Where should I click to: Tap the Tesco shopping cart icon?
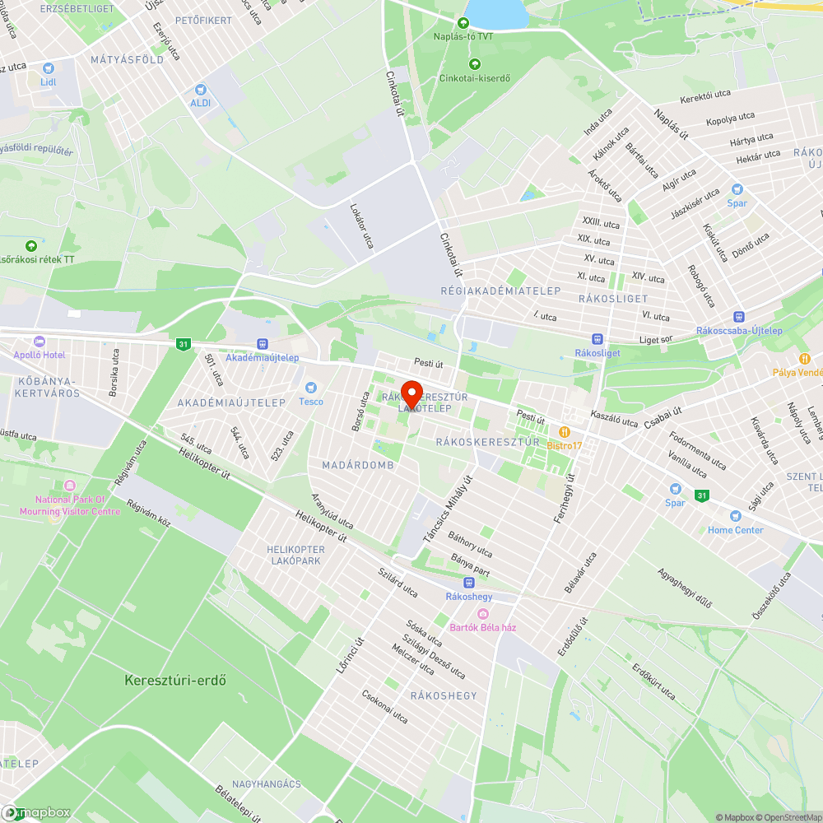coord(311,388)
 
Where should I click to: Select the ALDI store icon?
coord(200,89)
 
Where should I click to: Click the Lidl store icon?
coord(48,68)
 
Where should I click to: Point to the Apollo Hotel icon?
coord(39,342)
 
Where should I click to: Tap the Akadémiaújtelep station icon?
coord(263,344)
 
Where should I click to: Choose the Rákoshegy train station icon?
coord(468,582)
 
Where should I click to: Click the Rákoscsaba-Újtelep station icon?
coord(738,317)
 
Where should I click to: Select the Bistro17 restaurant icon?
coord(565,431)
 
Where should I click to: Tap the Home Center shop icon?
coord(735,516)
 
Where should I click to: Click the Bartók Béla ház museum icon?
coord(483,614)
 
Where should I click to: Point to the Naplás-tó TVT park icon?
coord(463,22)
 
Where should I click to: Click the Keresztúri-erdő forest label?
coord(175,681)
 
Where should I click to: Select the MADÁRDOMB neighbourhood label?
coord(358,465)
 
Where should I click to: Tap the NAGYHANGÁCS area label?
coord(267,784)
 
